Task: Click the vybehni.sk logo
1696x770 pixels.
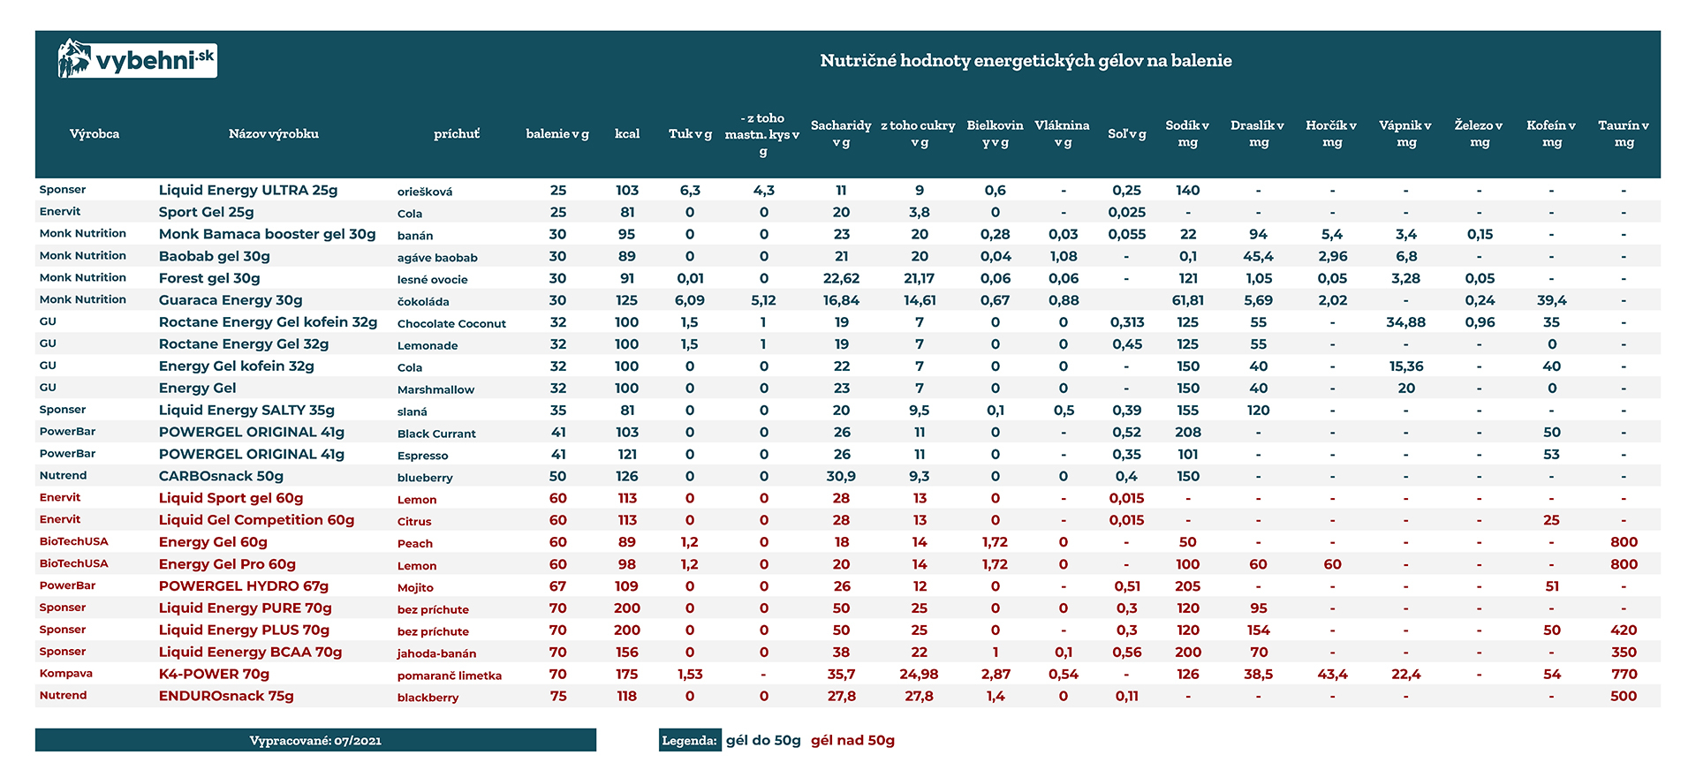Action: pyautogui.click(x=137, y=60)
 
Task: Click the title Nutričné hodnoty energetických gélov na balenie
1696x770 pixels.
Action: pyautogui.click(x=1026, y=61)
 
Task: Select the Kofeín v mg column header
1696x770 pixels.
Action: pyautogui.click(x=1550, y=133)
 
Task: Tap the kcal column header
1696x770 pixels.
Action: pyautogui.click(x=627, y=133)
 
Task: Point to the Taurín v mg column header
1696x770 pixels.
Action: pyautogui.click(x=1623, y=133)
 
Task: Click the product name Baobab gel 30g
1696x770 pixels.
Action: pyautogui.click(x=215, y=256)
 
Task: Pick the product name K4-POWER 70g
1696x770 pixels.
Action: pyautogui.click(x=214, y=674)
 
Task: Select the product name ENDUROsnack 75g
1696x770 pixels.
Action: pyautogui.click(x=226, y=696)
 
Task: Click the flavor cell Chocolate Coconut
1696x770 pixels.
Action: pyautogui.click(x=451, y=323)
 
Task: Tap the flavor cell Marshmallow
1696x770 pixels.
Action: pyautogui.click(x=435, y=389)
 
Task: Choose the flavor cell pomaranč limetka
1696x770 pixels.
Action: pyautogui.click(x=449, y=676)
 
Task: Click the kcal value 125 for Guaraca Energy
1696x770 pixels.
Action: pyautogui.click(x=627, y=300)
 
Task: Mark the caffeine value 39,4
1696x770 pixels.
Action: pyautogui.click(x=1551, y=300)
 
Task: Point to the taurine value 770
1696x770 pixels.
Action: pyautogui.click(x=1624, y=674)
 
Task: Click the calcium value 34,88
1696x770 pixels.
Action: pyautogui.click(x=1405, y=322)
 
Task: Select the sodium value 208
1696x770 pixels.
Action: pyautogui.click(x=1188, y=432)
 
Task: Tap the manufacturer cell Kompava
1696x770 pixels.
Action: pyautogui.click(x=66, y=673)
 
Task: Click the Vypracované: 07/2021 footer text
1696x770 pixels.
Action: pyautogui.click(x=315, y=741)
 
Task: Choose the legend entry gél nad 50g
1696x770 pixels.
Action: pyautogui.click(x=852, y=740)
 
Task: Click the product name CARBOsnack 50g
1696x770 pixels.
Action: pyautogui.click(x=221, y=476)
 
